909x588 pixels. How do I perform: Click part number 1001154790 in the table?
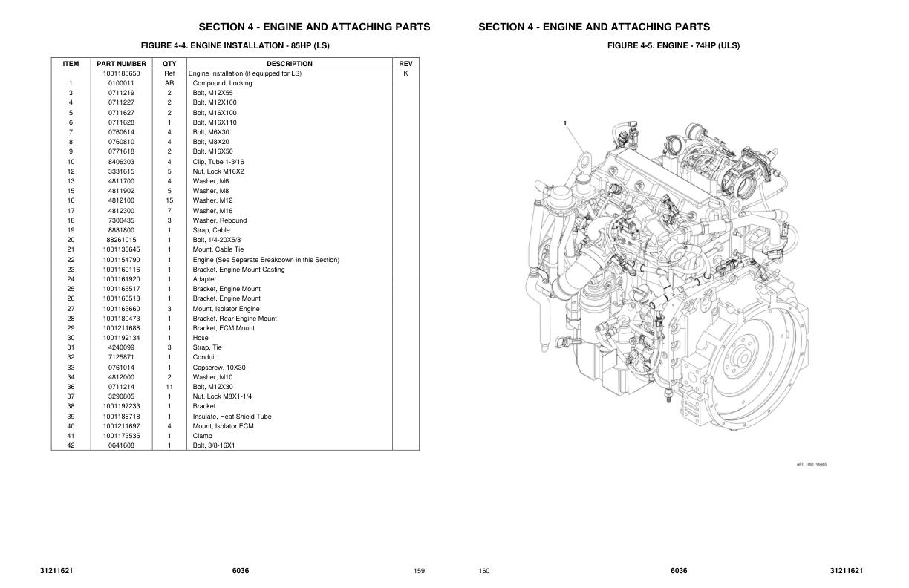click(x=121, y=260)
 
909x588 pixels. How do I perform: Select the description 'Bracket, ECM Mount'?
click(x=224, y=328)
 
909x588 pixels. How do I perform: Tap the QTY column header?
click(x=169, y=64)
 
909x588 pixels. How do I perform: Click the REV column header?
click(x=405, y=64)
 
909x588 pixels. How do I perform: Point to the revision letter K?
click(x=405, y=73)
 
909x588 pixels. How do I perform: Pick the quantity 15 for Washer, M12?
click(x=169, y=200)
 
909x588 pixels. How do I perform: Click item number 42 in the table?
click(x=71, y=445)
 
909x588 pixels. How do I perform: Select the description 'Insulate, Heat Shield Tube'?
click(x=232, y=416)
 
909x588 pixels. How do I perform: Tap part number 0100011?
click(x=121, y=83)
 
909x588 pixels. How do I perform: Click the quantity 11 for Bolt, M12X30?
click(x=169, y=387)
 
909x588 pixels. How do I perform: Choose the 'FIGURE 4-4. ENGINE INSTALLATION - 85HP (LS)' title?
click(x=235, y=46)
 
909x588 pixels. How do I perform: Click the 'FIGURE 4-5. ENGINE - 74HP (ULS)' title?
click(x=673, y=46)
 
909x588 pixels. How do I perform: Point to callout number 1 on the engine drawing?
click(x=564, y=122)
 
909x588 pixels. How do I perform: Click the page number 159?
click(x=419, y=571)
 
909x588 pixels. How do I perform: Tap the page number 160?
click(x=484, y=571)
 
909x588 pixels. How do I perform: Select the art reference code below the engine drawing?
click(x=811, y=464)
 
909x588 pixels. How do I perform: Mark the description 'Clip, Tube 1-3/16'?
click(x=218, y=162)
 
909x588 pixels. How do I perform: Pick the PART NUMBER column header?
click(x=121, y=64)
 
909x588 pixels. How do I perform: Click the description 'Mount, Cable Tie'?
click(x=218, y=249)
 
